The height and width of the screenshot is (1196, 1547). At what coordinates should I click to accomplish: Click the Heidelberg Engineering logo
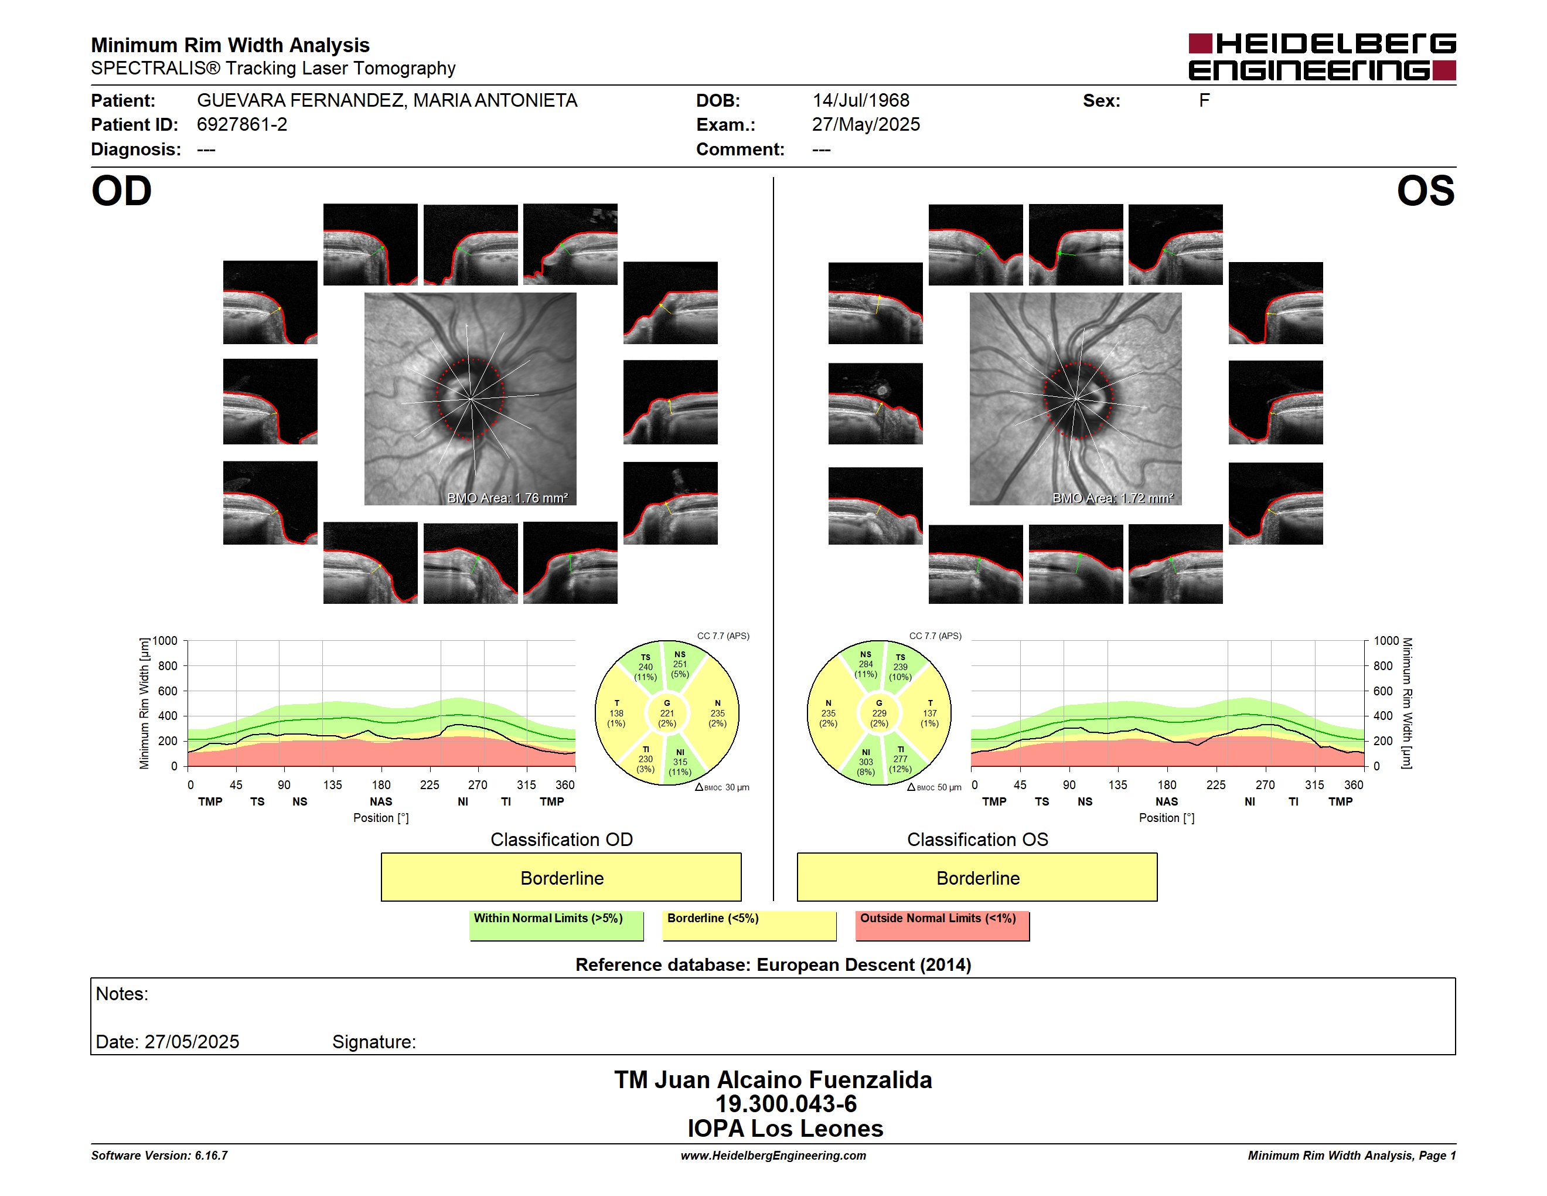(1322, 57)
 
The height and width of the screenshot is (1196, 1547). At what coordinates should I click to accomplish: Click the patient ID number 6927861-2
(242, 125)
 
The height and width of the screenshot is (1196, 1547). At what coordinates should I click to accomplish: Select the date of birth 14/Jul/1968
(861, 101)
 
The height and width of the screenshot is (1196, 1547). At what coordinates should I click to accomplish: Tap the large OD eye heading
(121, 191)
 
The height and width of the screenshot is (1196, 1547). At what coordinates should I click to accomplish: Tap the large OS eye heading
(1425, 191)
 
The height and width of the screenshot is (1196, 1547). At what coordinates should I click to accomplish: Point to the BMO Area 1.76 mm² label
(507, 498)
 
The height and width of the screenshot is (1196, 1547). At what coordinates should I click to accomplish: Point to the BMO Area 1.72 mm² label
(1113, 498)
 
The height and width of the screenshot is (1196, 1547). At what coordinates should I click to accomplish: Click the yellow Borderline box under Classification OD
(561, 877)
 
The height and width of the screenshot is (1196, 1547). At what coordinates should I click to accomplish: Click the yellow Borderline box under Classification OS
(977, 877)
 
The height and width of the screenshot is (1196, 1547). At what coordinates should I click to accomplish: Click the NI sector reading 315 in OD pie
(680, 762)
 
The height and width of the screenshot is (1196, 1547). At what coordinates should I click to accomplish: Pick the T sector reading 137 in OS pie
(929, 713)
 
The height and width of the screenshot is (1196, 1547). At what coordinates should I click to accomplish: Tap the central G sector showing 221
(666, 713)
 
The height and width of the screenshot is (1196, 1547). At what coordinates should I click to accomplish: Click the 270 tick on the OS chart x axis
(1265, 785)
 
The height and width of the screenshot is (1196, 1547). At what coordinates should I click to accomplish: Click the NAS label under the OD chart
(381, 801)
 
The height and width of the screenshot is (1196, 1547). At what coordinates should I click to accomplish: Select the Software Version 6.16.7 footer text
(159, 1156)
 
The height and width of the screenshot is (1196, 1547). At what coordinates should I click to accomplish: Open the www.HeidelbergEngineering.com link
(773, 1156)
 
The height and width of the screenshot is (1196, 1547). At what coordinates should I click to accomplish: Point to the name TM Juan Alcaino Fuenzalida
(773, 1080)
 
